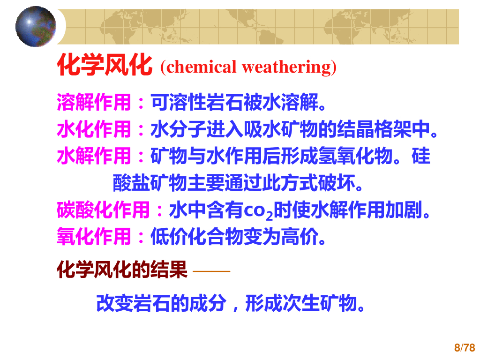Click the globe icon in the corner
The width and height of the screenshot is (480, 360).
pyautogui.click(x=35, y=26)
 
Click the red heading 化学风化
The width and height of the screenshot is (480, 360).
pyautogui.click(x=105, y=66)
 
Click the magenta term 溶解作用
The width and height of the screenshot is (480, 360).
pyautogui.click(x=94, y=102)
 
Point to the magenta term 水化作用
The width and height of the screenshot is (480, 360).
pyautogui.click(x=94, y=129)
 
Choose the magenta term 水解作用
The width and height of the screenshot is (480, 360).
pyautogui.click(x=94, y=157)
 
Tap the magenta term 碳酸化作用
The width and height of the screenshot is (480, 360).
pyautogui.click(x=104, y=210)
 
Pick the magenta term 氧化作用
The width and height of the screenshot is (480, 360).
pyautogui.click(x=94, y=237)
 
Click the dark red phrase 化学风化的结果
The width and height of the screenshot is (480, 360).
pyautogui.click(x=122, y=270)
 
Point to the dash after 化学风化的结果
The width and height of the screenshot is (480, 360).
pyautogui.click(x=211, y=271)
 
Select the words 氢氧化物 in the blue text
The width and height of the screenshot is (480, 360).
pyautogui.click(x=345, y=157)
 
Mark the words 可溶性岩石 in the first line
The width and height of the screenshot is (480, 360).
pyautogui.click(x=197, y=102)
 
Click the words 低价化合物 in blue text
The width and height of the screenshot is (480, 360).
pyautogui.click(x=197, y=237)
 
